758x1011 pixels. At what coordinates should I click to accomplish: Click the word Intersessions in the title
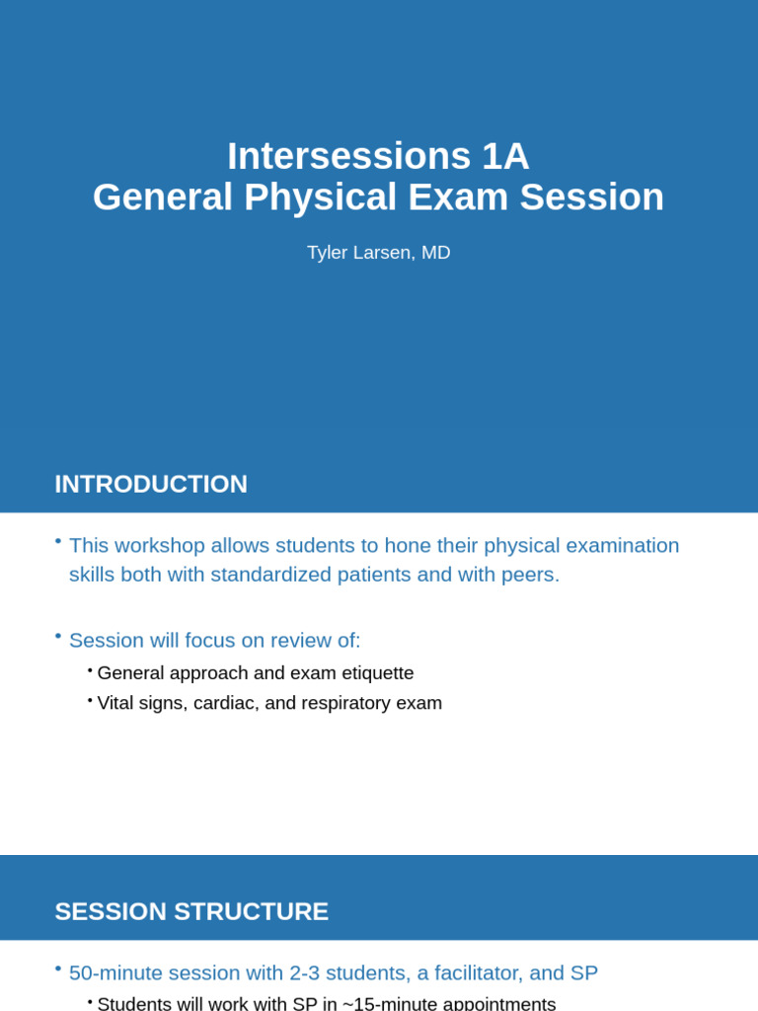(x=348, y=156)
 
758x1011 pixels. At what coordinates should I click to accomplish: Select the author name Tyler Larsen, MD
(x=378, y=253)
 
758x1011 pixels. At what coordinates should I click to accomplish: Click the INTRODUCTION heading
(x=151, y=484)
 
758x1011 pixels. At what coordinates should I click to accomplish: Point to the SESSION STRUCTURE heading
(x=191, y=911)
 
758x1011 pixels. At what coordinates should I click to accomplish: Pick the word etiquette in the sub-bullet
(x=371, y=673)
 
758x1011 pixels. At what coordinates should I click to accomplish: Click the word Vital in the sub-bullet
(x=118, y=703)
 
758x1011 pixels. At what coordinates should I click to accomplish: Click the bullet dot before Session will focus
(x=58, y=635)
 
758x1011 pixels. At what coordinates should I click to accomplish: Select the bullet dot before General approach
(x=90, y=670)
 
